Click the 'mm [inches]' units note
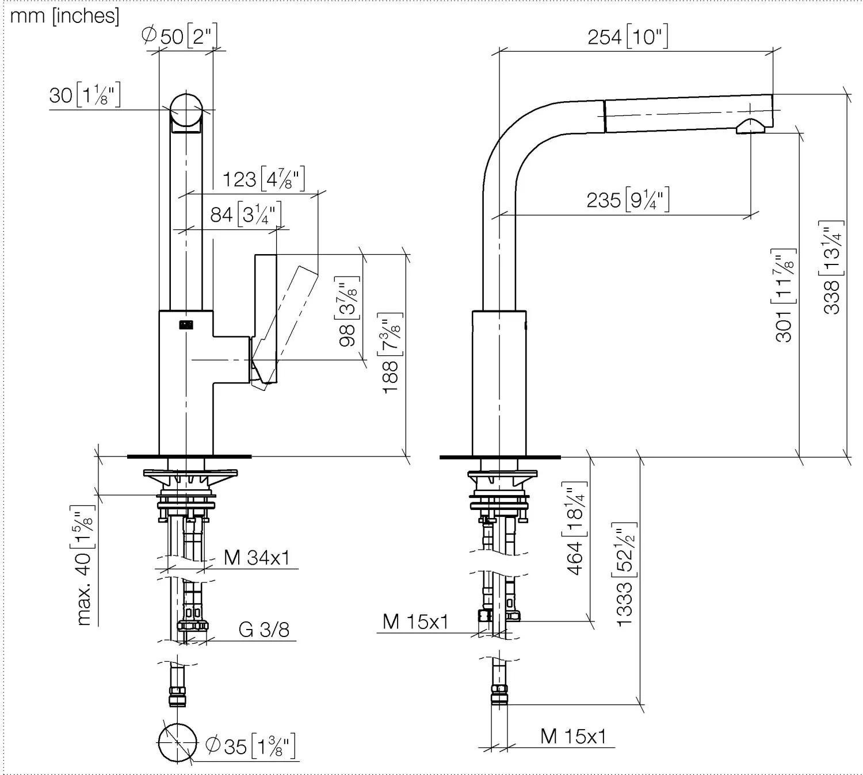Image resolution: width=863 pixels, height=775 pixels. [x=64, y=16]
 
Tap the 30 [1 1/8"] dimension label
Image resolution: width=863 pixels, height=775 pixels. [x=85, y=95]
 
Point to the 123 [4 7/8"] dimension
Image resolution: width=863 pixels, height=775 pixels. [x=264, y=178]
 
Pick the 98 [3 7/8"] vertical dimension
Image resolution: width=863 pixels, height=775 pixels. [x=347, y=312]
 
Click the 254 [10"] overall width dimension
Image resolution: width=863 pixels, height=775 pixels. [x=628, y=36]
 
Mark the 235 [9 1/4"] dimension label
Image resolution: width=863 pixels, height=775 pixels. [x=628, y=199]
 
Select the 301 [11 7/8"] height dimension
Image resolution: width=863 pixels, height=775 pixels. [x=784, y=296]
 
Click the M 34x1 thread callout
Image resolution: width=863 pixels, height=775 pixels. [x=257, y=557]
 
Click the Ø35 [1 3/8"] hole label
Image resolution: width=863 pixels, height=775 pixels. [x=250, y=745]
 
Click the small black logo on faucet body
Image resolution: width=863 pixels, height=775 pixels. [x=186, y=325]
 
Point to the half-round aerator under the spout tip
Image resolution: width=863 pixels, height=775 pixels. [x=750, y=126]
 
